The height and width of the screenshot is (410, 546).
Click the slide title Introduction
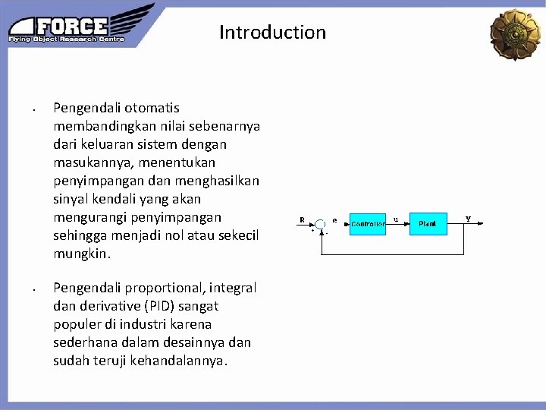coord(272,33)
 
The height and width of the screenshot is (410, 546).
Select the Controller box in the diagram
coord(368,224)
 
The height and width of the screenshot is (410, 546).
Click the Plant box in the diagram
coord(428,224)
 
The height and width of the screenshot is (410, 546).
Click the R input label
coord(302,219)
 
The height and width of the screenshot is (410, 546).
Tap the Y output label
coord(468,219)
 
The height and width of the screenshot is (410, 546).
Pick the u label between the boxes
coord(396,219)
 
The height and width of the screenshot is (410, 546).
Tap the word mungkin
coord(80,254)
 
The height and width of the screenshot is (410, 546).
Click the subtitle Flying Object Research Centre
coord(67,39)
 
